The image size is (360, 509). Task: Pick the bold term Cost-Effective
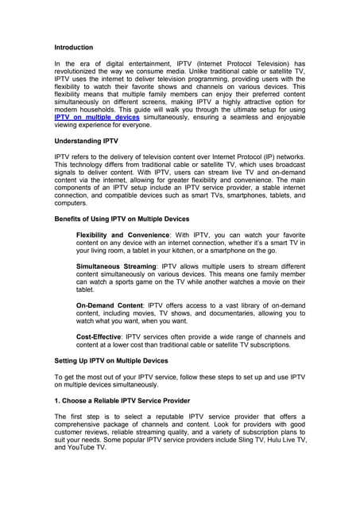(99, 336)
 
